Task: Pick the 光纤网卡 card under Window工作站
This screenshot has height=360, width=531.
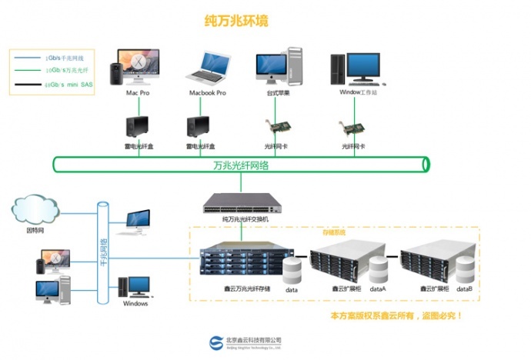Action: click(353, 127)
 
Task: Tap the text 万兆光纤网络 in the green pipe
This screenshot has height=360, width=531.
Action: click(241, 165)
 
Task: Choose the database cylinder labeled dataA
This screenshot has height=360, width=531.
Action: click(378, 270)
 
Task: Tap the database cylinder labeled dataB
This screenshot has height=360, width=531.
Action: click(464, 270)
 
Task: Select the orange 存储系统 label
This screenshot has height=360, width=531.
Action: click(334, 231)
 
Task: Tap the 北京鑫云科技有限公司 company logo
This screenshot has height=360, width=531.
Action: click(216, 342)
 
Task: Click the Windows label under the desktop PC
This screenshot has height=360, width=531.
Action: click(135, 303)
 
